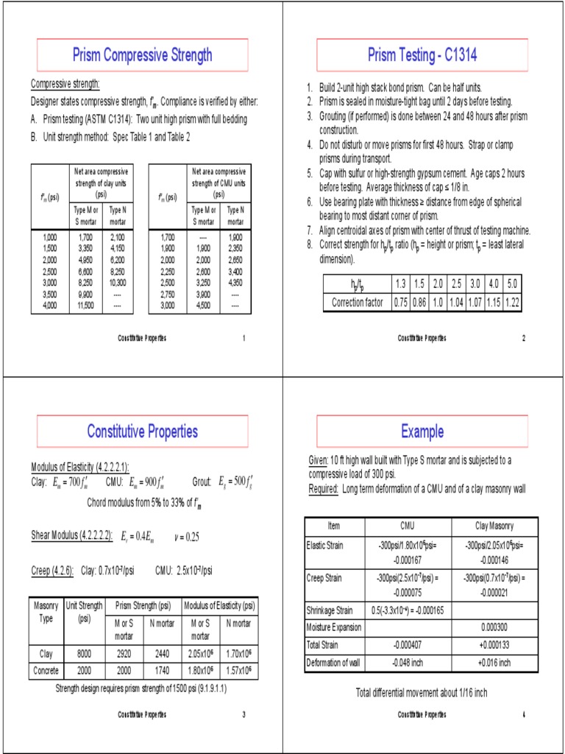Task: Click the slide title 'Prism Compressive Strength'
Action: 142,54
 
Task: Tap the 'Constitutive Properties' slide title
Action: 142,431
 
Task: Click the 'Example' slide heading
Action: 422,431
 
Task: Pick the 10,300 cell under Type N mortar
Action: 118,283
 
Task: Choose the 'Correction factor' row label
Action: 357,303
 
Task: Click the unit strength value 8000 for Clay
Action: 84,652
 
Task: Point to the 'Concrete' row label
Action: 46,671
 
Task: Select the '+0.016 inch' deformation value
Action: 494,663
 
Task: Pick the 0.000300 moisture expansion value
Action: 494,627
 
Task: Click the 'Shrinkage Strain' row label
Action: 330,610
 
